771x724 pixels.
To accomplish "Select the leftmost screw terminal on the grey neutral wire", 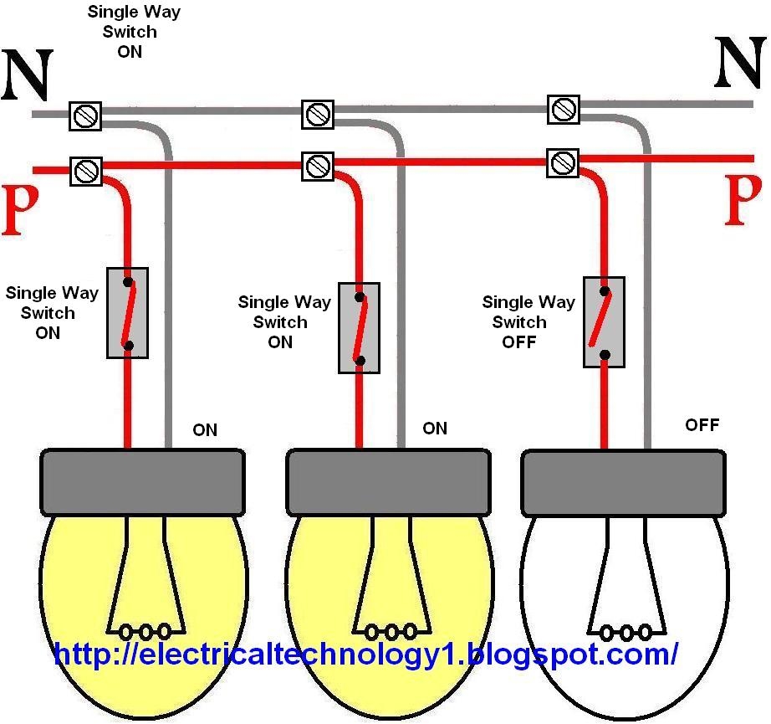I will point(84,115).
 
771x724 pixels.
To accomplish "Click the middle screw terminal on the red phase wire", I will point(317,166).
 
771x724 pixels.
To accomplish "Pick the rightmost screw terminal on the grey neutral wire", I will point(564,109).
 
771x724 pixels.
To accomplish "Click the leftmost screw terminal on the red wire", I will point(84,171).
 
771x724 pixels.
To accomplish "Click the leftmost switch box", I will point(128,312).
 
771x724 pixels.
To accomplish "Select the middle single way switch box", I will point(360,327).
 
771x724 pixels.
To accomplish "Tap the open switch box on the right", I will point(605,321).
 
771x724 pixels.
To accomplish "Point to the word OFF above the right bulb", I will point(702,425).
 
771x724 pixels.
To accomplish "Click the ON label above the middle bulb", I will point(435,429).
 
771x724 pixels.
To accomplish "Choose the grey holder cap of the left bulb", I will point(143,482).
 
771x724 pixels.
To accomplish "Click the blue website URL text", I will point(365,654).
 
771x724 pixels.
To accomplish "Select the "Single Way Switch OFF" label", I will point(528,322).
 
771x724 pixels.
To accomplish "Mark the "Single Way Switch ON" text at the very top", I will point(133,32).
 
